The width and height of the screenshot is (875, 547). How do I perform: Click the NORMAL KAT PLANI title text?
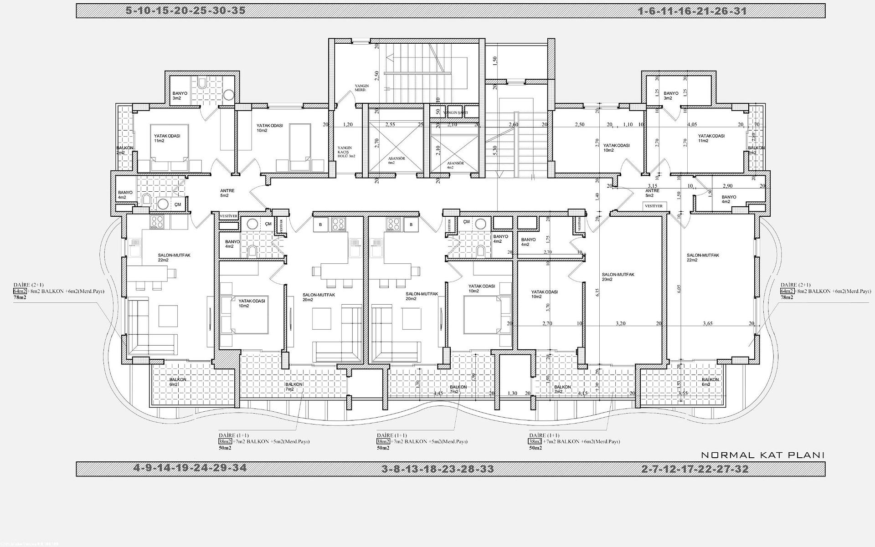click(762, 455)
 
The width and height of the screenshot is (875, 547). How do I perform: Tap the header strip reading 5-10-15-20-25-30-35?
click(185, 10)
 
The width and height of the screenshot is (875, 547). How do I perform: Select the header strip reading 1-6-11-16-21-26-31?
click(692, 11)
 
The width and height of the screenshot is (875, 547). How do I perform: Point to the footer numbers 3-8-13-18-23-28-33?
click(437, 469)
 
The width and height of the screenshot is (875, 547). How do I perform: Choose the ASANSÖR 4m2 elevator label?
click(455, 165)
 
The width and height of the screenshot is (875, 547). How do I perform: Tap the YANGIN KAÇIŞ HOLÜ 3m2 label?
click(346, 152)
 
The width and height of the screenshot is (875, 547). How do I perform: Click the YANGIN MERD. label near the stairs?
click(362, 88)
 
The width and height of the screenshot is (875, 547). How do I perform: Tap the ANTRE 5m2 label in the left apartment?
click(227, 193)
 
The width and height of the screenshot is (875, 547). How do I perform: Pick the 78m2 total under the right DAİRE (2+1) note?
click(787, 297)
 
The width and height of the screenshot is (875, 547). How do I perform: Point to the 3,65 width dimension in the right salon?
click(707, 323)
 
